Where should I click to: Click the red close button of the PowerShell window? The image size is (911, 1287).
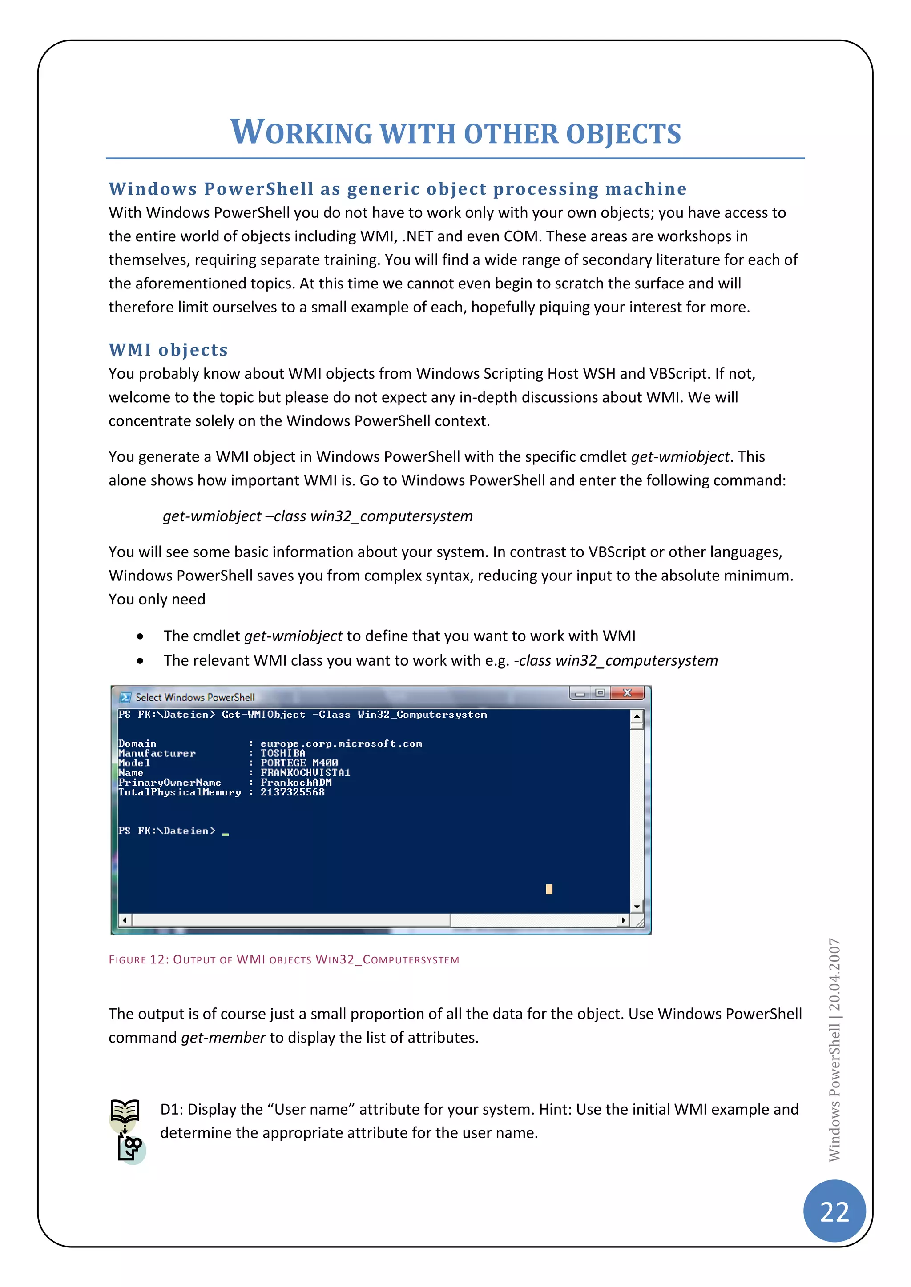(x=628, y=693)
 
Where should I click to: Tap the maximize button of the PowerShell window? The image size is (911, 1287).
(x=600, y=693)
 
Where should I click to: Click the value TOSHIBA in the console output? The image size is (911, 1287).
(x=283, y=753)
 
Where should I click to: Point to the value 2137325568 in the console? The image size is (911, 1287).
(x=292, y=792)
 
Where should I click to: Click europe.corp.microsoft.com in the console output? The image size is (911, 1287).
(x=341, y=744)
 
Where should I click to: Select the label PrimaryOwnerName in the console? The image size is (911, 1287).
(x=169, y=783)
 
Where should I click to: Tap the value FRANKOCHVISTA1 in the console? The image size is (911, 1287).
(x=305, y=772)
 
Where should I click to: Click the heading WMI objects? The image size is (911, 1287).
(x=168, y=350)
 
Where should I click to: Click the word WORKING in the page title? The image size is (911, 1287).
(x=301, y=133)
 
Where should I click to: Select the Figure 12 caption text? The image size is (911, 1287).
(x=284, y=959)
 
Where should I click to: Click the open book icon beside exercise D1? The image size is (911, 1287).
(x=125, y=1111)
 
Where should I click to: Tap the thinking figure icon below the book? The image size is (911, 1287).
(x=131, y=1147)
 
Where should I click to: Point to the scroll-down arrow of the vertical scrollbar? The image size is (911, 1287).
(x=637, y=907)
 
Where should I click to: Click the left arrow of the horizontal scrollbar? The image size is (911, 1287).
(x=125, y=920)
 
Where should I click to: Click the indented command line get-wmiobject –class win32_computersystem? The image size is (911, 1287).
(x=318, y=516)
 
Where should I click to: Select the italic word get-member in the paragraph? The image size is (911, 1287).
(x=223, y=1038)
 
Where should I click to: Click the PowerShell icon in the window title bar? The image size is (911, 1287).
(x=125, y=697)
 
